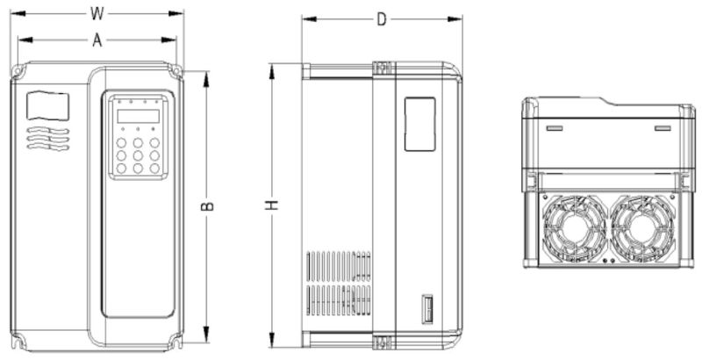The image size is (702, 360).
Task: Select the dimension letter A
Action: click(x=97, y=40)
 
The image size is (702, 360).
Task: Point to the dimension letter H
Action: click(x=273, y=205)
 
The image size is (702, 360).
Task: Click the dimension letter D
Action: click(x=382, y=19)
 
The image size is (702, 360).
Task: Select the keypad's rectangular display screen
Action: click(x=139, y=116)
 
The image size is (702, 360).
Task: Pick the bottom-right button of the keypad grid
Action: click(x=154, y=168)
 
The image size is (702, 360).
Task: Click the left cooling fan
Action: click(x=571, y=227)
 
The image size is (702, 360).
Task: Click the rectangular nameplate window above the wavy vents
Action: click(x=48, y=105)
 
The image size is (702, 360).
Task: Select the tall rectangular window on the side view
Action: click(x=419, y=123)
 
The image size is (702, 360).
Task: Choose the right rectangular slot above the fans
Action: click(x=663, y=128)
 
